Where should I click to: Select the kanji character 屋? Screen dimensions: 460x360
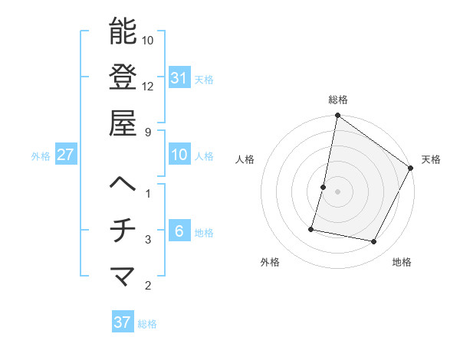click(123, 123)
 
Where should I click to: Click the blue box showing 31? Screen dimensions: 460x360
click(179, 77)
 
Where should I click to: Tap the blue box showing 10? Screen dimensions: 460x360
click(179, 155)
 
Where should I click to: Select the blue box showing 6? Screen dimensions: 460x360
click(179, 231)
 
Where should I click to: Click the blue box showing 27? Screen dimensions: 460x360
click(65, 155)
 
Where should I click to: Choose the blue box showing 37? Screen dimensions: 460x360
click(123, 322)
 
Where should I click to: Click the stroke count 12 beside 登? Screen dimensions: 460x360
click(148, 86)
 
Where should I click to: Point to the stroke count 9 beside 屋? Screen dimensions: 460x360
click(148, 132)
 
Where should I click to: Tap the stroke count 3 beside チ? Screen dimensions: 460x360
click(148, 240)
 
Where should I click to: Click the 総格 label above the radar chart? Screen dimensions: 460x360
click(337, 100)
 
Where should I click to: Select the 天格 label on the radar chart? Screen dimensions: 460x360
click(431, 159)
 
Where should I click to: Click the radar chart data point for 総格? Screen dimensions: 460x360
click(337, 116)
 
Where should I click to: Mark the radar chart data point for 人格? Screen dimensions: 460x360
click(324, 187)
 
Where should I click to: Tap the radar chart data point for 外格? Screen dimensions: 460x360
click(311, 228)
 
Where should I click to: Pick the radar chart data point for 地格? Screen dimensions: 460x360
click(374, 242)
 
